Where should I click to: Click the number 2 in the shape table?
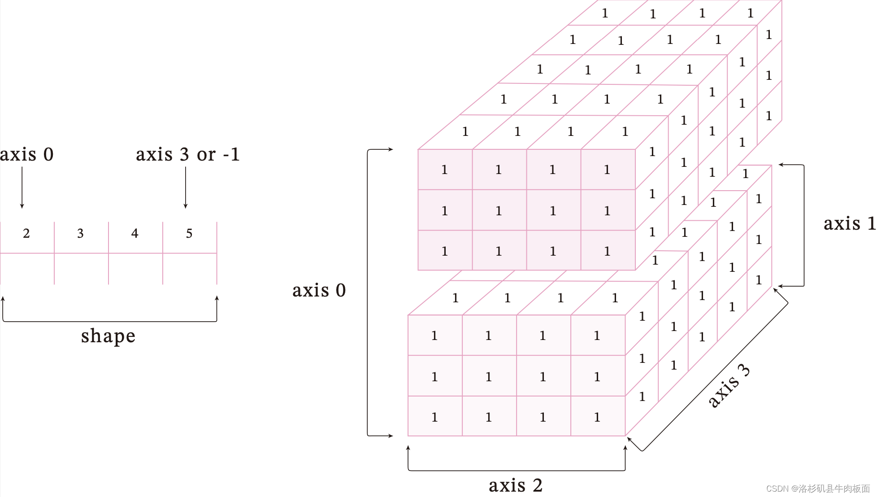[x=26, y=233]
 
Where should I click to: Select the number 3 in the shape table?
[x=80, y=233]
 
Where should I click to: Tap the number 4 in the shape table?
[x=135, y=233]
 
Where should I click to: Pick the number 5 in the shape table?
[x=189, y=233]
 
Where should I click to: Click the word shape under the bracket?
[x=108, y=336]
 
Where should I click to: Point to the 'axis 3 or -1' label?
[x=187, y=154]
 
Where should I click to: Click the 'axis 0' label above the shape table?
[x=26, y=154]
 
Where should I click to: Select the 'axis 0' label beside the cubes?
[x=319, y=290]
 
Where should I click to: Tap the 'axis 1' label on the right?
[x=849, y=223]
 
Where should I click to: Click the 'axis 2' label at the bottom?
[x=516, y=485]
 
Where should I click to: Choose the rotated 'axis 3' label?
[x=729, y=386]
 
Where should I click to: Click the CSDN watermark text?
[x=818, y=488]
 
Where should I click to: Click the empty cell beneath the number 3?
[x=81, y=268]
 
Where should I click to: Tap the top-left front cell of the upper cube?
[x=445, y=170]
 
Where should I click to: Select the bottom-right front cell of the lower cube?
[x=598, y=416]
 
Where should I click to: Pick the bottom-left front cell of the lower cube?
[x=435, y=416]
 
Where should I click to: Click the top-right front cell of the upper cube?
[x=608, y=170]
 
